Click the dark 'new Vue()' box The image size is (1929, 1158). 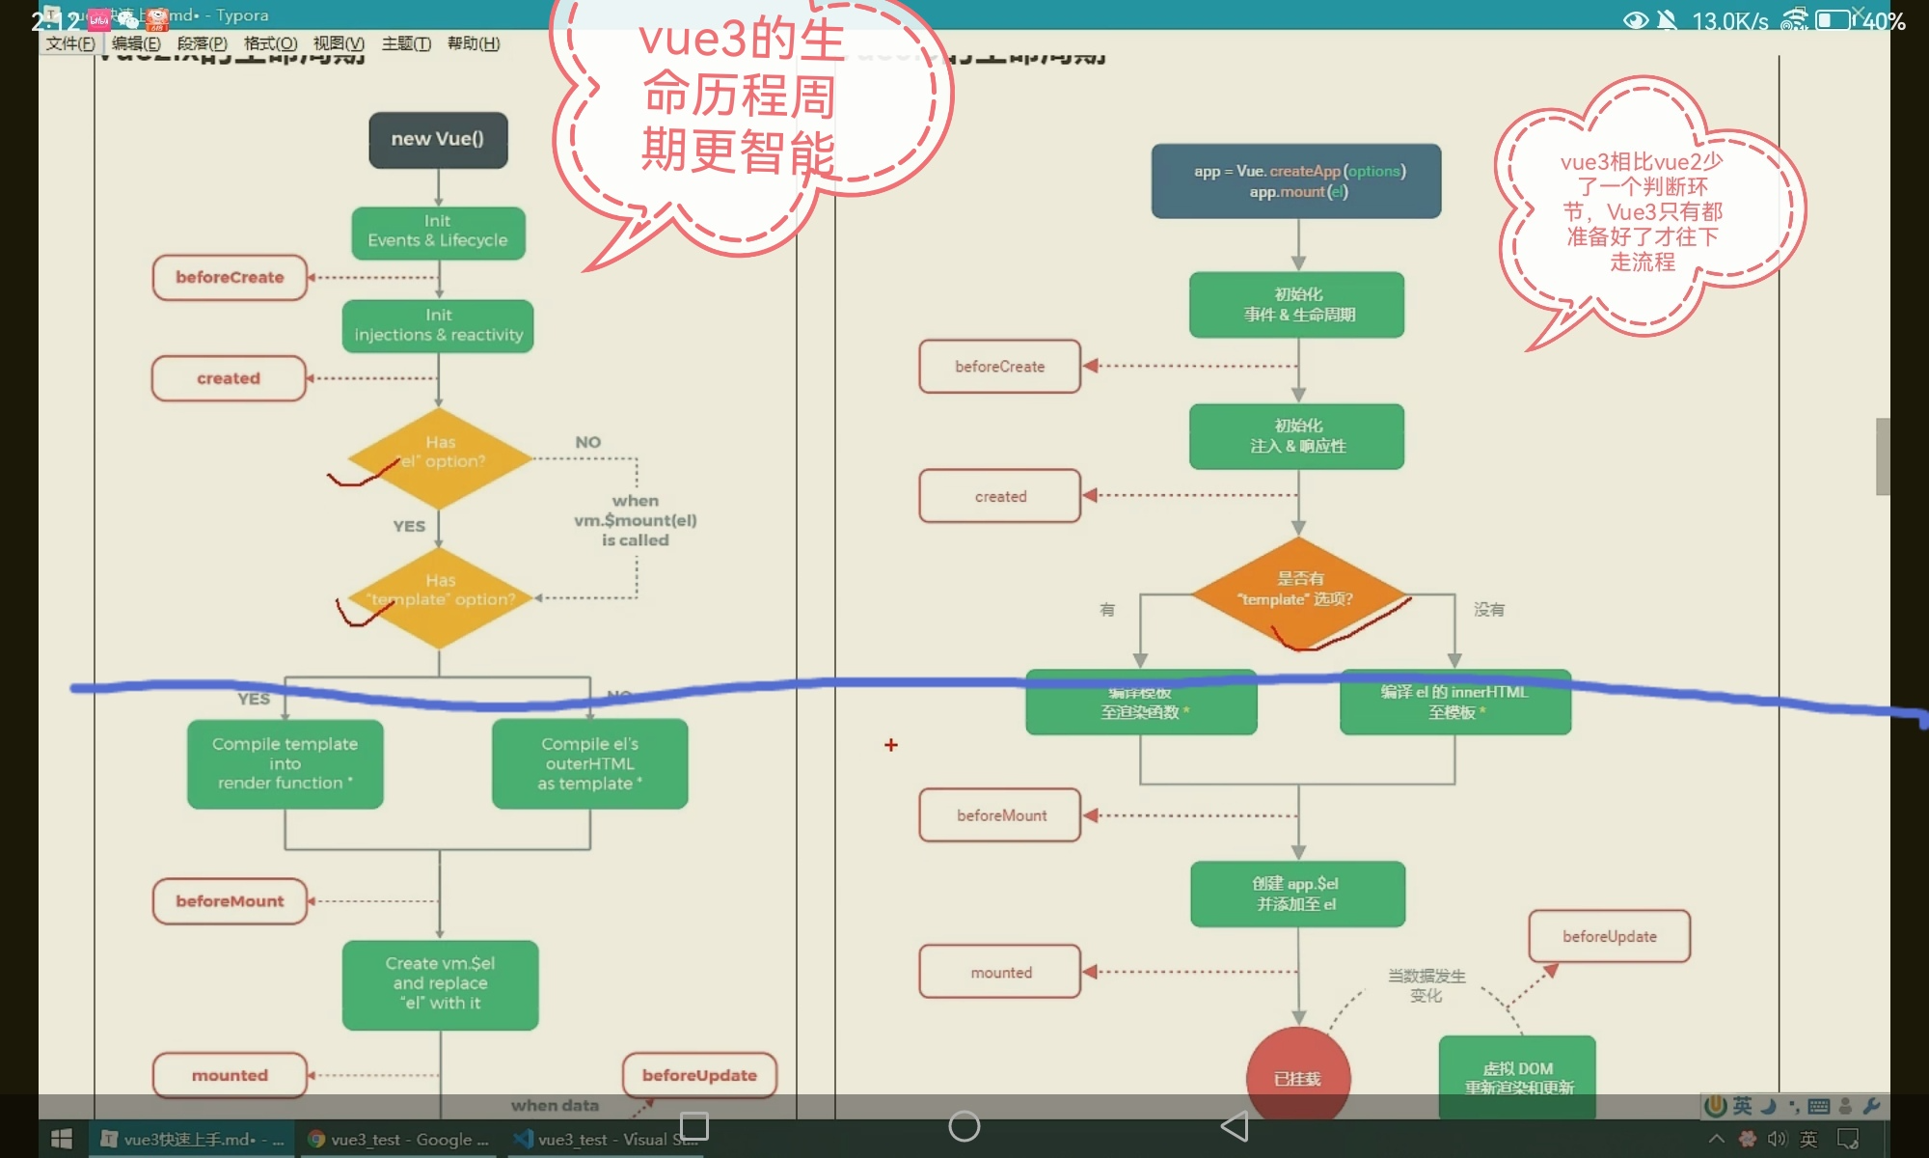coord(438,139)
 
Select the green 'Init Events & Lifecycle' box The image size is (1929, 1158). coord(438,232)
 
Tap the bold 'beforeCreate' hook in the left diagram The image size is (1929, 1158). coord(230,278)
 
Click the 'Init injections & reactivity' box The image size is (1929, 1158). coord(438,325)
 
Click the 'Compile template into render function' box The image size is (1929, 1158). coord(285,763)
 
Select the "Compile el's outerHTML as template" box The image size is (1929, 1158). coord(589,763)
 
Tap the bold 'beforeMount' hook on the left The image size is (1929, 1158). coord(230,901)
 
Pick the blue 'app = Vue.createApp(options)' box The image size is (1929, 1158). coord(1296,181)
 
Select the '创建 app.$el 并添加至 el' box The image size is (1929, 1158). coord(1297,894)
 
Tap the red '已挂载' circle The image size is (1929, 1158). coord(1298,1076)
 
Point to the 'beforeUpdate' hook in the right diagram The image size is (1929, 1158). coord(1609,936)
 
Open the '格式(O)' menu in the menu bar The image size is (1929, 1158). coord(270,43)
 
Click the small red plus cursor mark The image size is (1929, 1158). coord(891,745)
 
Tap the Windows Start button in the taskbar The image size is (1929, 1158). coord(62,1140)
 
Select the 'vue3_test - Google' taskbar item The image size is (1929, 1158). coord(398,1140)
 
